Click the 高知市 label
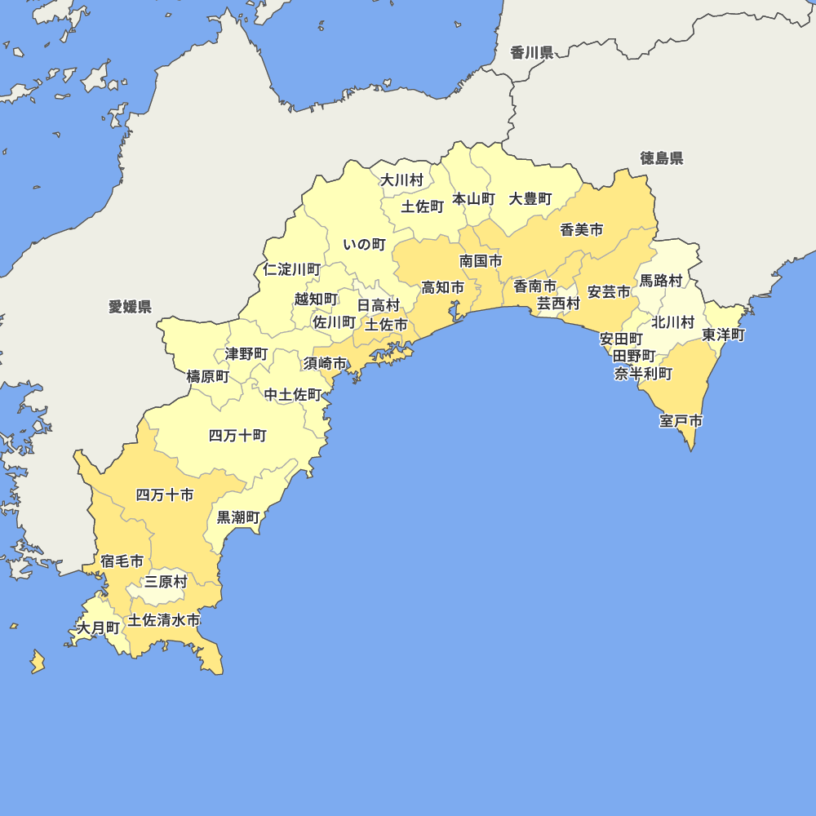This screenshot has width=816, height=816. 442,287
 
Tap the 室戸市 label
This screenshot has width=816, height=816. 681,422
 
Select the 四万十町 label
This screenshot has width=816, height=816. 237,436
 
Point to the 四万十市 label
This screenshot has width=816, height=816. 165,494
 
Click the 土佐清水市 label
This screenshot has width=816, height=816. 164,620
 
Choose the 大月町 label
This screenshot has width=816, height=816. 98,628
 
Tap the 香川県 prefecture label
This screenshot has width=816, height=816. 532,53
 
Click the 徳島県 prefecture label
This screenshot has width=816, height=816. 662,158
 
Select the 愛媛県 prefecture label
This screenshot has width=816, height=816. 130,307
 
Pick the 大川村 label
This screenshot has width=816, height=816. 402,180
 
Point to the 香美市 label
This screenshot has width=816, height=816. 582,230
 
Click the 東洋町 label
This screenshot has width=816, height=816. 723,335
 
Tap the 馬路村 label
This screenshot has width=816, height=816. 660,281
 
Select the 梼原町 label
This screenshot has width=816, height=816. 208,376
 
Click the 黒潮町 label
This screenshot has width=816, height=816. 238,517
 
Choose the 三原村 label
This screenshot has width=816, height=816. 166,582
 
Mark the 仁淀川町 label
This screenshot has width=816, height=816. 292,269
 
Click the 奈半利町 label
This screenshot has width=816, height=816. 644,374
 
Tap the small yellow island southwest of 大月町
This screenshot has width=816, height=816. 38,661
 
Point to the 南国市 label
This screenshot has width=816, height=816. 481,261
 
